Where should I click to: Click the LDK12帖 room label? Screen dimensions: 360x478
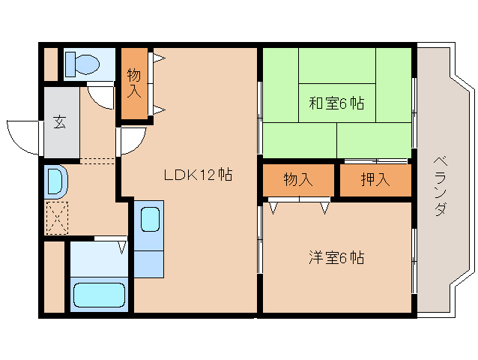198,175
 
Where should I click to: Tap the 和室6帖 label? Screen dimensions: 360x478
336,103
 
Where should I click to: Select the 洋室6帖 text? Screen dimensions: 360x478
336,258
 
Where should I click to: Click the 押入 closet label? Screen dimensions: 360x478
375,180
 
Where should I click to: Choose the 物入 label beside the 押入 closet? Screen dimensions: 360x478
297,180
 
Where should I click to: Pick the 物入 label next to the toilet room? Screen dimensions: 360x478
135,82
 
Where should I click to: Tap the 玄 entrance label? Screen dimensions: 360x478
59,123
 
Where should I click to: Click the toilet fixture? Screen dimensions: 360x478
81,64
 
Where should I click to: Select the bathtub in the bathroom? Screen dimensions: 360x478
99,294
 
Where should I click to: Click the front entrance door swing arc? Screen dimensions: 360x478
22,135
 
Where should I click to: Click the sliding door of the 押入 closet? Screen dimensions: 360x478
375,161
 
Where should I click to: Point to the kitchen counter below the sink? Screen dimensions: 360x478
150,262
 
